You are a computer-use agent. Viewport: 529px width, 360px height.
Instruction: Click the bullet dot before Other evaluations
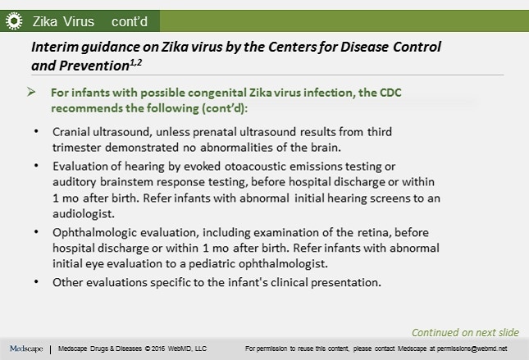pos(36,282)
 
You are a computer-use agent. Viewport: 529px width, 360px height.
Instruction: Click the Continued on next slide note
pos(465,332)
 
